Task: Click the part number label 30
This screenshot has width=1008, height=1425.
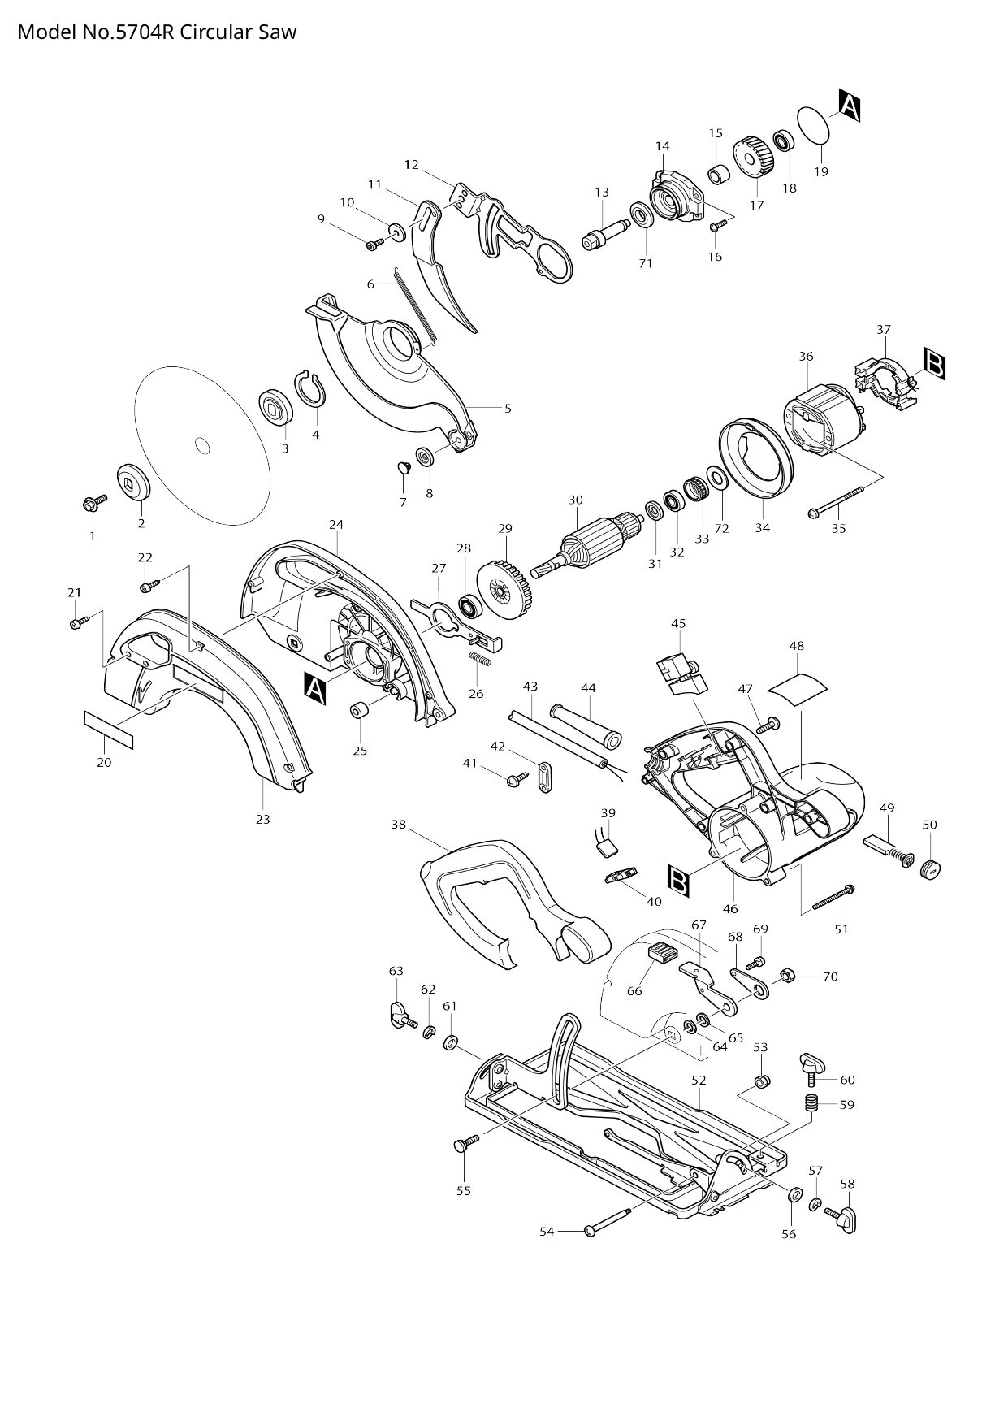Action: pos(575,500)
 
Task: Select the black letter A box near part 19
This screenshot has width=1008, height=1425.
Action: pos(849,106)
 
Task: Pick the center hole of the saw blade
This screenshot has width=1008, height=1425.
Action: pos(201,444)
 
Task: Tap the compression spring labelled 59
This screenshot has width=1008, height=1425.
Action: pos(811,1103)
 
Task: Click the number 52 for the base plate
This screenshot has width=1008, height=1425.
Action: pos(699,1081)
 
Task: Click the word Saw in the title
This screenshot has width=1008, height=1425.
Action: pos(279,32)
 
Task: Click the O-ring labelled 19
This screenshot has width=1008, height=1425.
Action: pos(815,126)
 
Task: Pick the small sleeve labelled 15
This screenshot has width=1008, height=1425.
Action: pos(717,175)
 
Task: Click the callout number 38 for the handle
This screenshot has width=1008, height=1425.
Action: pos(398,825)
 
